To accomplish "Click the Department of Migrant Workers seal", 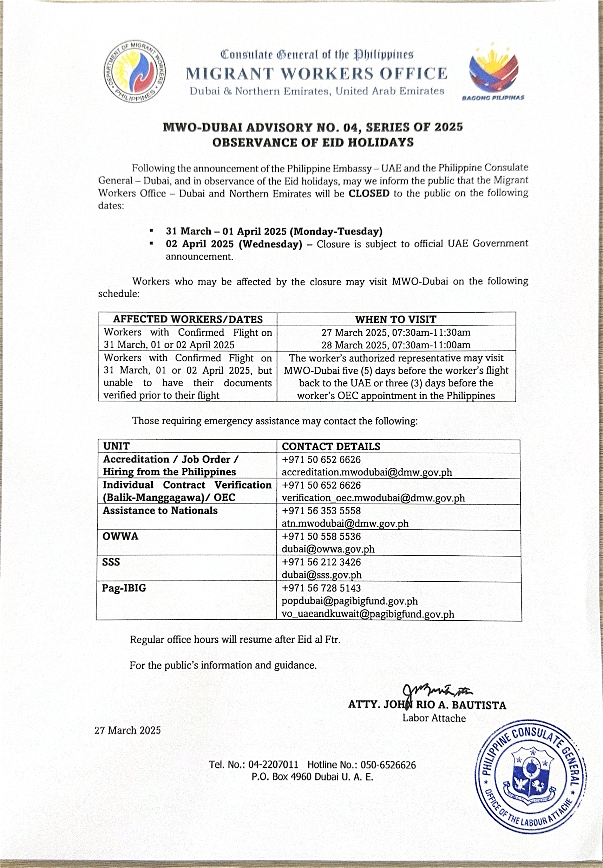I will (134, 72).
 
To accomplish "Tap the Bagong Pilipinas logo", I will (493, 72).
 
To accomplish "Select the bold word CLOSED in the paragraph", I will (369, 194).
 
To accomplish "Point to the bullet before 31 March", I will (151, 231).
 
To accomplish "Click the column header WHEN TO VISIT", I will (395, 319).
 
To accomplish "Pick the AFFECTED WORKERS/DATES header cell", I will (188, 319).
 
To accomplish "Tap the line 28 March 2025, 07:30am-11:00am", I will (395, 345).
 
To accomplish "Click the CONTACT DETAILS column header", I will (331, 446).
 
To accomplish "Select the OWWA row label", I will (120, 536).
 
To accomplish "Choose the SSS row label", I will (111, 562).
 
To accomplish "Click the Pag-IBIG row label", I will (124, 588).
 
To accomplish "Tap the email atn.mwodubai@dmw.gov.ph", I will (345, 523).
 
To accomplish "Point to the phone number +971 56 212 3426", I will (321, 562).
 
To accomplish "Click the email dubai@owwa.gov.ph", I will (328, 549).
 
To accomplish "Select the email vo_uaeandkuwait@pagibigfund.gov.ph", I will (368, 614).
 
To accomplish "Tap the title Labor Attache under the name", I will (434, 718).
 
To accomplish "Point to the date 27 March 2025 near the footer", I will (128, 730).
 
